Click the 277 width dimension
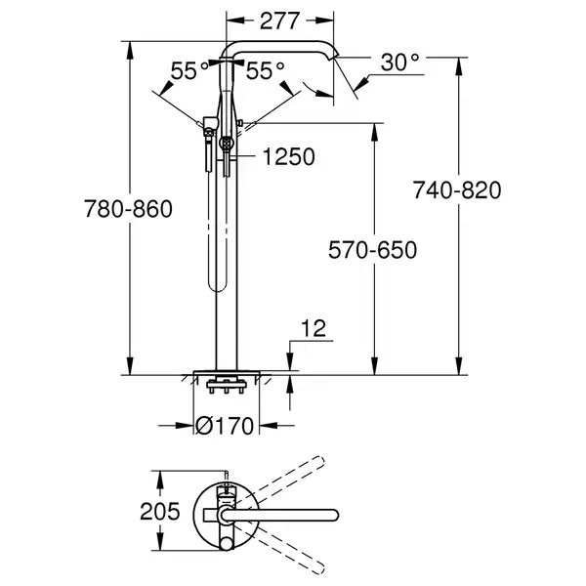click(x=279, y=21)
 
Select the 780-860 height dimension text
click(x=128, y=209)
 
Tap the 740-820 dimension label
click(x=457, y=189)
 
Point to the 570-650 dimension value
click(x=373, y=250)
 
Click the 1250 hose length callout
click(x=288, y=156)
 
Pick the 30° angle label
click(x=399, y=63)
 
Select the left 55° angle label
click(x=189, y=70)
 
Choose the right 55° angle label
click(x=265, y=70)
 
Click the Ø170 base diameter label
click(x=225, y=425)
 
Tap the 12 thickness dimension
click(x=314, y=328)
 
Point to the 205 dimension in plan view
click(x=160, y=511)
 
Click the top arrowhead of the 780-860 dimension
click(x=130, y=50)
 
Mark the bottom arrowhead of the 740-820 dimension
click(x=459, y=366)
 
